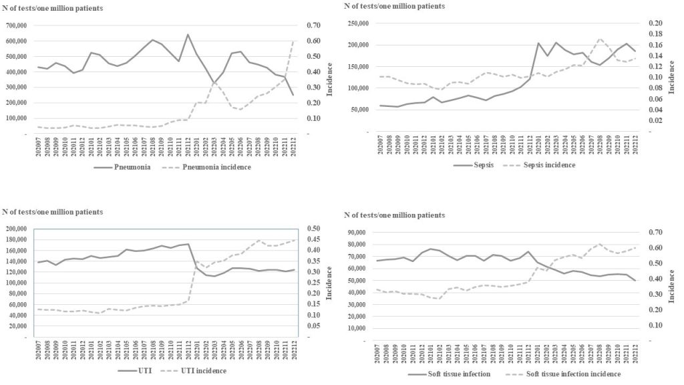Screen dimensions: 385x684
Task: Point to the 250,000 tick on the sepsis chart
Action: tap(357, 23)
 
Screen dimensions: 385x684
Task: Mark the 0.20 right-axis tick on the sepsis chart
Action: tap(657, 23)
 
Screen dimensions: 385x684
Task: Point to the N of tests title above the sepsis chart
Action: tap(394, 6)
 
